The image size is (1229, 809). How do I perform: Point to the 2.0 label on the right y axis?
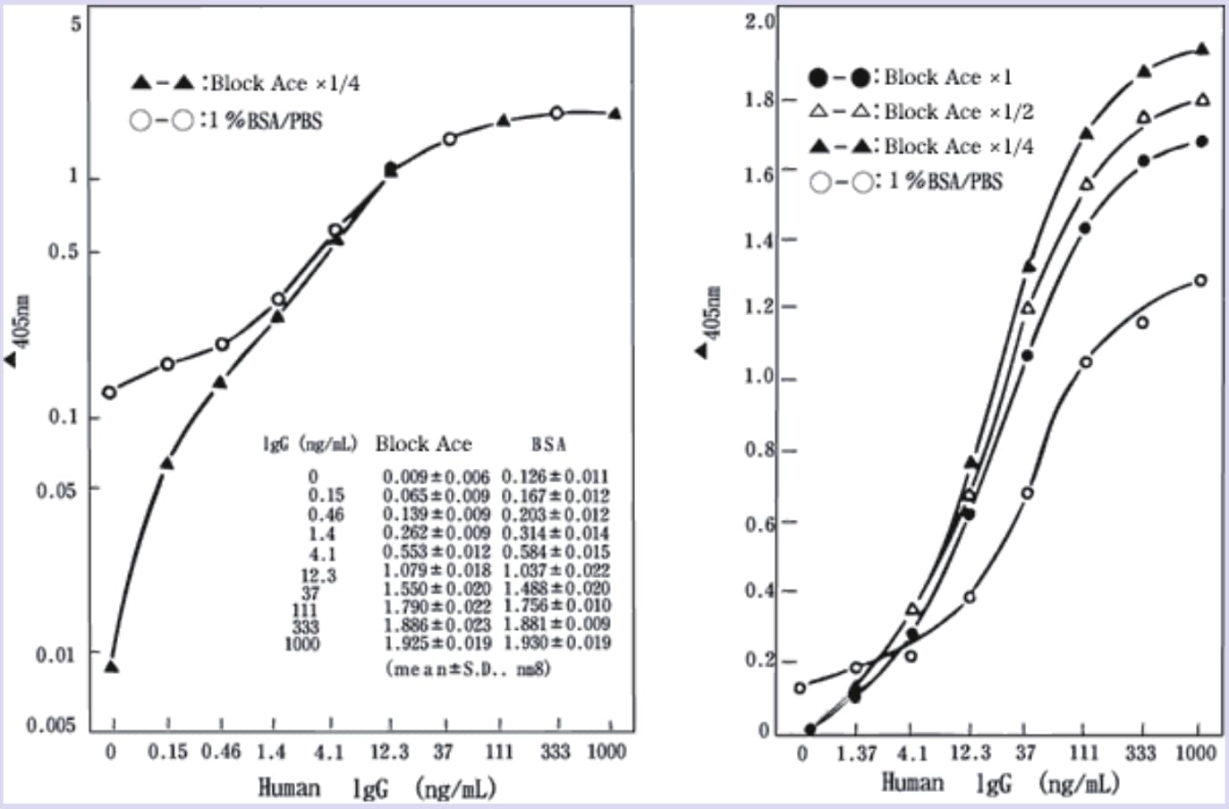click(760, 21)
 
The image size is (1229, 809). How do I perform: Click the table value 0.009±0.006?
click(436, 477)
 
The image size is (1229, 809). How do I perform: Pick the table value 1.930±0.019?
click(557, 643)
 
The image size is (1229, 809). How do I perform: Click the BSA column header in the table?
click(548, 444)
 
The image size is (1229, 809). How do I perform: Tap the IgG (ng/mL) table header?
click(309, 444)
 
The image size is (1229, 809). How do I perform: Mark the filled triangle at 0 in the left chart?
click(112, 667)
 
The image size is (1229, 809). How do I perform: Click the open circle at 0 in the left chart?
click(109, 392)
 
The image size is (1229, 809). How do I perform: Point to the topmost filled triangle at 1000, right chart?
click(1202, 49)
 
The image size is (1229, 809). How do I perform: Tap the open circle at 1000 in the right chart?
click(1200, 280)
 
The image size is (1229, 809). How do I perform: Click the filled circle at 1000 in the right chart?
click(1202, 141)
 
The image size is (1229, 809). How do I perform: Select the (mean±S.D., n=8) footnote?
click(468, 668)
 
